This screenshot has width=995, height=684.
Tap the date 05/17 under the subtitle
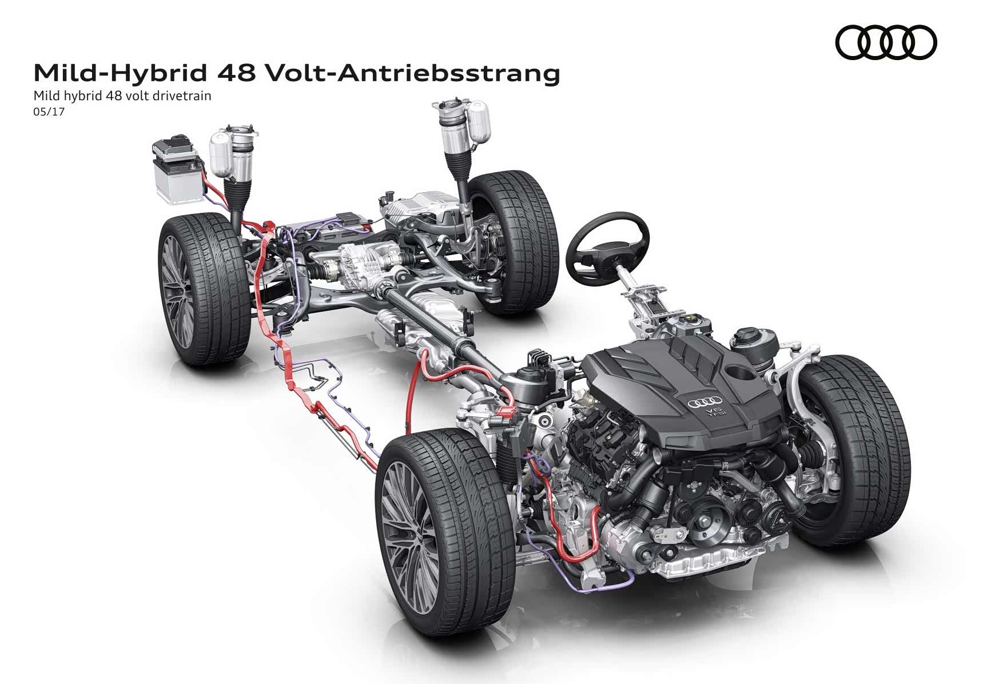point(50,112)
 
